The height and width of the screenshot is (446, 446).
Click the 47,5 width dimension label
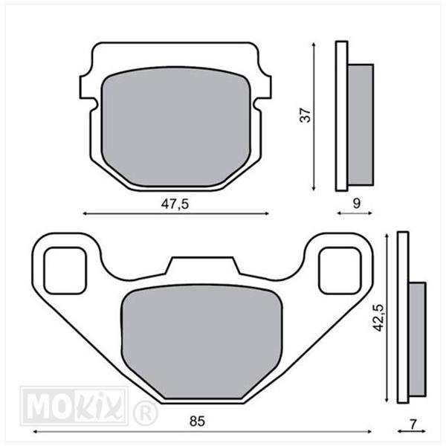coord(175,204)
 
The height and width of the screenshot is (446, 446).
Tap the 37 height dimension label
coord(306,115)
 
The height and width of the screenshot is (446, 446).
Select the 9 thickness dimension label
coord(356,204)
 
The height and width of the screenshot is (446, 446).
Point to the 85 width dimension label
coord(197,421)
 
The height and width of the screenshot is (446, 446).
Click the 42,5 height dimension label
coord(379,317)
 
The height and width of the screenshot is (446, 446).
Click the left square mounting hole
coord(65,271)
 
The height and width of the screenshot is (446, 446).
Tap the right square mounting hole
coord(340,271)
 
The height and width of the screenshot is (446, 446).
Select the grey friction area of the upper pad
coord(176,127)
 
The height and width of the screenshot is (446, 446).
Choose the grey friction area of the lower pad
coord(201,341)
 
